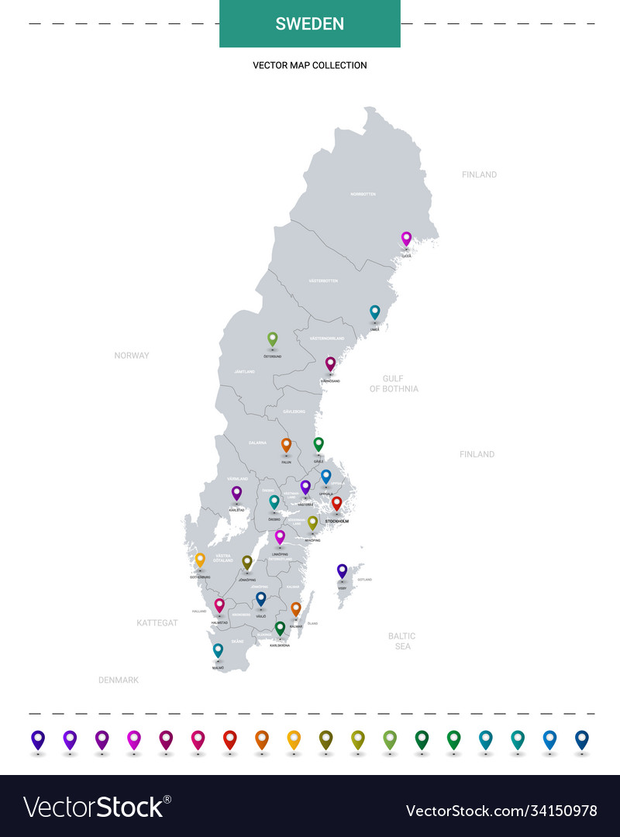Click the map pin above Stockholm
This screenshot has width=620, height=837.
click(x=336, y=504)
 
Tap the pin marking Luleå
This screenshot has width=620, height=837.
click(x=406, y=239)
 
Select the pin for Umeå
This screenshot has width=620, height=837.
click(x=375, y=312)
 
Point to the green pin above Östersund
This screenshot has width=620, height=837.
click(x=272, y=339)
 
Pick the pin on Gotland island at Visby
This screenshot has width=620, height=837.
click(x=342, y=570)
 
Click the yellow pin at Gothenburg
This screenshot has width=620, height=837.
click(x=200, y=559)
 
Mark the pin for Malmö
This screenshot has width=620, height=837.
click(x=218, y=649)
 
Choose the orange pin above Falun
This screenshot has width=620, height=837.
click(x=286, y=445)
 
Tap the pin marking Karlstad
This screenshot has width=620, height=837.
click(x=236, y=492)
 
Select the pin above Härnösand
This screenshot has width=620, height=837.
click(x=330, y=363)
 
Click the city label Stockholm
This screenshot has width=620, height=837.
click(x=336, y=522)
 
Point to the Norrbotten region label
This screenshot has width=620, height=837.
click(x=363, y=194)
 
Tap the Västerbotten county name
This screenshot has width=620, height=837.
click(x=323, y=281)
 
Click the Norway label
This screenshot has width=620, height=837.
click(x=132, y=356)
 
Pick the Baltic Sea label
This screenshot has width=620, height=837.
click(x=402, y=641)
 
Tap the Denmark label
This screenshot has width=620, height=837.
click(x=119, y=680)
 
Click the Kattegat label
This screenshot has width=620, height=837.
click(x=157, y=622)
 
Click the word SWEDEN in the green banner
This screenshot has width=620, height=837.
click(x=310, y=24)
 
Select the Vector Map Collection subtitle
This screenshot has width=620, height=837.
click(x=310, y=66)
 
